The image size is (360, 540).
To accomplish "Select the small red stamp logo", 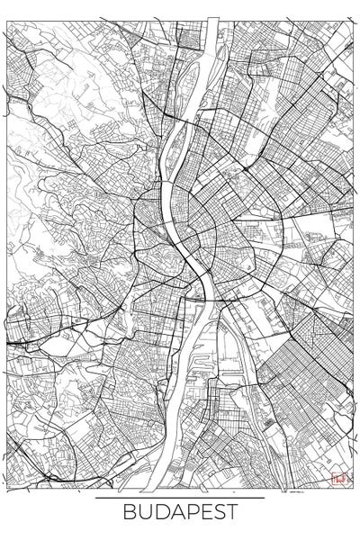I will [338, 480].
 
